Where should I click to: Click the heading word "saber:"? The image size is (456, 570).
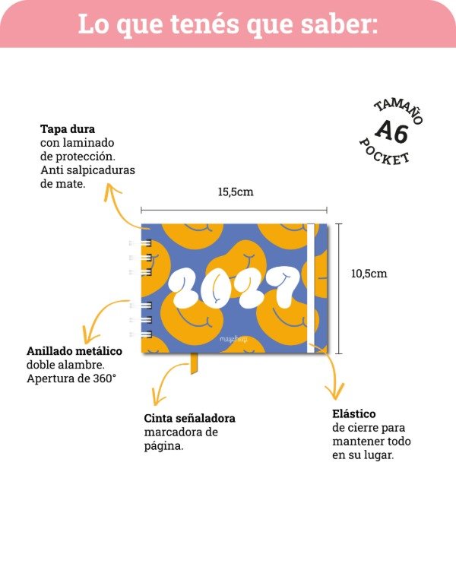coord(339,24)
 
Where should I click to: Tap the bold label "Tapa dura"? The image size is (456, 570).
coord(68,129)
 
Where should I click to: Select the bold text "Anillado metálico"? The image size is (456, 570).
coord(74,351)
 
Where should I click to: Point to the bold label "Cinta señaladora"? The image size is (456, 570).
coord(189,419)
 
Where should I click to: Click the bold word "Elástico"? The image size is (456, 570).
coord(354,413)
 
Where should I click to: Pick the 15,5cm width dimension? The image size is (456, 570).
coord(236,192)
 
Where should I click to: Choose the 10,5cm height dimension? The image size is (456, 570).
coord(369,274)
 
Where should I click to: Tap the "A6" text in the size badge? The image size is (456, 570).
coord(391,131)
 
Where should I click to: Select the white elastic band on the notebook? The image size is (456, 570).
coord(311,288)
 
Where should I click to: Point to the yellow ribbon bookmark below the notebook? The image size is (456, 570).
coord(194,363)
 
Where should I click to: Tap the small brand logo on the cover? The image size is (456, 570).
coord(233,340)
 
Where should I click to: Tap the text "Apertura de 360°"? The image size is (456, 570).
coord(71,378)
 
